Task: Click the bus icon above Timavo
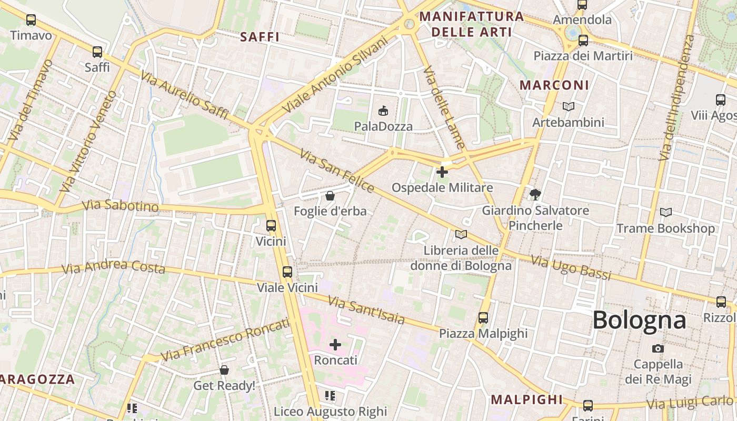31,20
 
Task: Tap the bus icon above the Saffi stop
97,52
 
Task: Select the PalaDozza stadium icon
383,111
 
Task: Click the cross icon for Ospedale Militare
442,172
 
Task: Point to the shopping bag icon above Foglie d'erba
330,196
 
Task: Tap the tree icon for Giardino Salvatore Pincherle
535,194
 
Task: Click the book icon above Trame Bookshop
666,212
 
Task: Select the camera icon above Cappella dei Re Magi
658,348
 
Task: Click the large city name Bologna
639,320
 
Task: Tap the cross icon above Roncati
335,345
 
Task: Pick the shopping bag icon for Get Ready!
224,370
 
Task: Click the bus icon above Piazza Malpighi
483,317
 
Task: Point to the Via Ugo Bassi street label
571,267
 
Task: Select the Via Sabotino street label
121,205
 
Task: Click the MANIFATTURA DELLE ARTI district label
472,24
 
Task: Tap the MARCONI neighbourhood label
554,85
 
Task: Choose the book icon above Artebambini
569,106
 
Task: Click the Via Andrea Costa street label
113,267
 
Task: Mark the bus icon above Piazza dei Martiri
583,40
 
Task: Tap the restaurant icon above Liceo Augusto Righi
330,395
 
